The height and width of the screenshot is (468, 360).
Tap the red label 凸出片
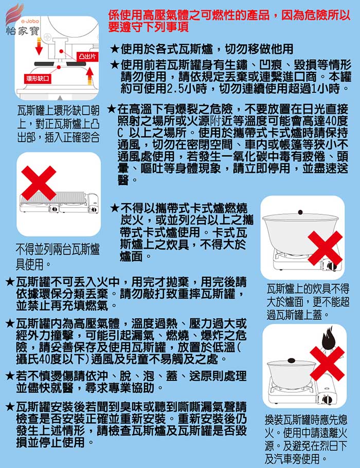coord(87,57)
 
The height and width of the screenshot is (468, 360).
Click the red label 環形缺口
coord(38,79)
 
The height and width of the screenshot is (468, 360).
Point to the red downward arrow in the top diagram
coord(39,46)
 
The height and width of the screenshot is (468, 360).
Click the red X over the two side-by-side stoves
coord(39,183)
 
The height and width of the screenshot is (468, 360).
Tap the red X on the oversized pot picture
coord(325,248)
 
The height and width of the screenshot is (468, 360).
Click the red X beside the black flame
coord(327,364)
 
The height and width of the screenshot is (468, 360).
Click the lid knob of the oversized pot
coord(300,212)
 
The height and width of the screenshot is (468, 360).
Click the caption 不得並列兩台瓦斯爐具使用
coord(58,257)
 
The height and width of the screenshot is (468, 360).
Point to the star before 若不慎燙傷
coord(10,376)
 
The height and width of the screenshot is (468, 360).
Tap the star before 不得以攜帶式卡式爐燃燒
coord(115,208)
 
